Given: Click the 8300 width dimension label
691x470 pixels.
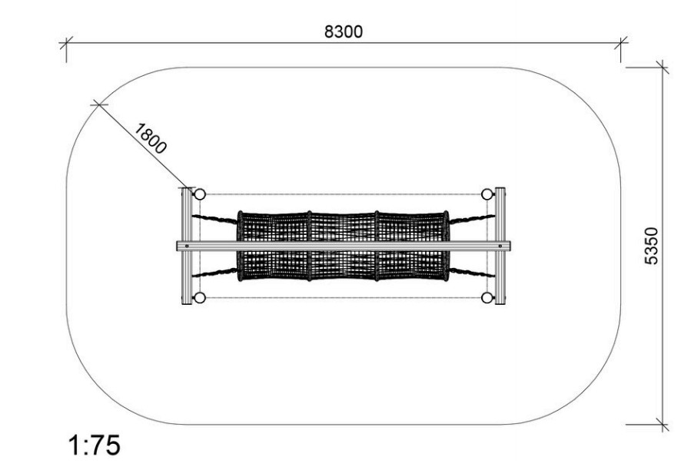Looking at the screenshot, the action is coord(344,31).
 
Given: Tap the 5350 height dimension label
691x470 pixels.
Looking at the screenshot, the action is coord(651,246).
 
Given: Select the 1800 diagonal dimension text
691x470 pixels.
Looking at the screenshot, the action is coord(151,139).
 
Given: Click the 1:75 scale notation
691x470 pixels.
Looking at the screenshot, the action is coord(95,445).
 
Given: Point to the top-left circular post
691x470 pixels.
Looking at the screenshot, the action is coord(200,194).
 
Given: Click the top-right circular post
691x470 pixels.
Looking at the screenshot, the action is coord(487,194).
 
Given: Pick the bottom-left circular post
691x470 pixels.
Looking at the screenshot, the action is coord(200,298).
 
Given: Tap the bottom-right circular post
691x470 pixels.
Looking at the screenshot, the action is coord(487,298).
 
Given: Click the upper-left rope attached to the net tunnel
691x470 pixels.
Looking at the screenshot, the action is coord(214,219).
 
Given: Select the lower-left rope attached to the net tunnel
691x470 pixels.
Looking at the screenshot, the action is coord(214,272).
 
